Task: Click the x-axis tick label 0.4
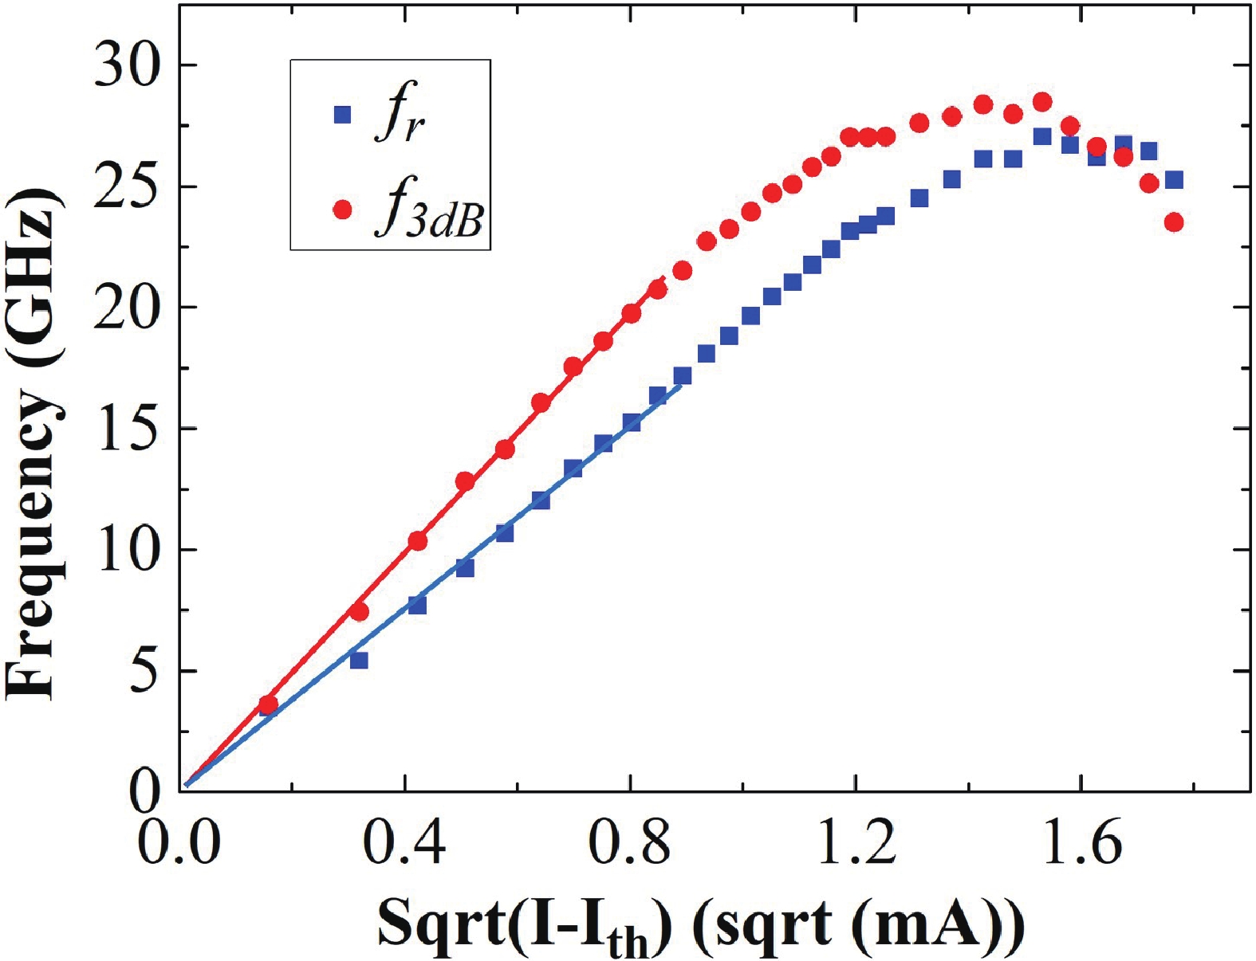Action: click(x=404, y=843)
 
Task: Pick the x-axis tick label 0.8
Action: click(x=630, y=843)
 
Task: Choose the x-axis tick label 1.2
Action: click(x=856, y=843)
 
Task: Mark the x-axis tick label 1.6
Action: click(x=1081, y=843)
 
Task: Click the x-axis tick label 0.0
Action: click(x=179, y=843)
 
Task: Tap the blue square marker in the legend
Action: click(x=342, y=115)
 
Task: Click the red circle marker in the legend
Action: click(x=342, y=210)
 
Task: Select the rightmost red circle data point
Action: click(x=1173, y=222)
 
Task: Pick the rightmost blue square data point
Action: click(x=1173, y=180)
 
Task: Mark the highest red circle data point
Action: click(x=1041, y=102)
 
